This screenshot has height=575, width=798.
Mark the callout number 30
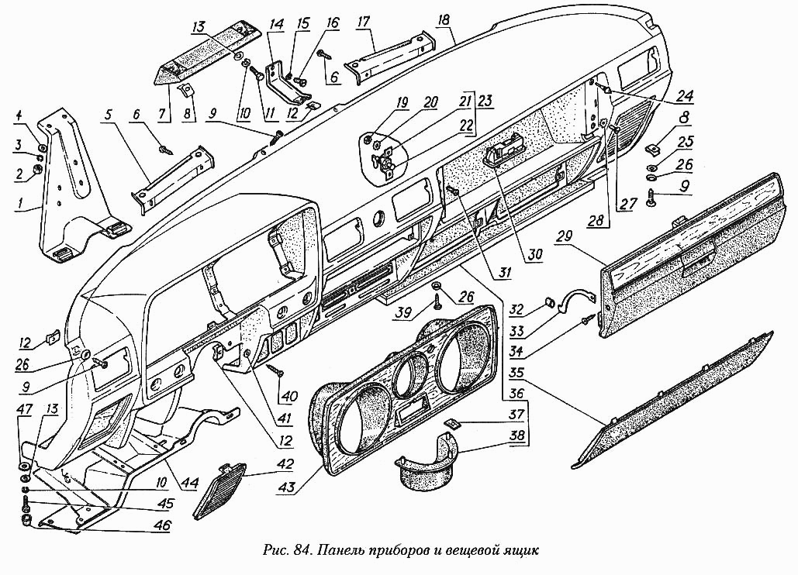[537, 253]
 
